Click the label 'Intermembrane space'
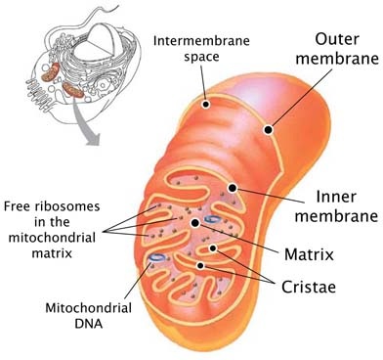click(x=201, y=49)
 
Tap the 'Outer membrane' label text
click(x=337, y=49)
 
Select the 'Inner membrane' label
click(x=336, y=206)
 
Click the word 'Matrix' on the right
click(x=309, y=254)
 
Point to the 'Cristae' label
click(x=309, y=287)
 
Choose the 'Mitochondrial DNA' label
click(x=88, y=316)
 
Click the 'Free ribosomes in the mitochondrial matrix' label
click(x=52, y=230)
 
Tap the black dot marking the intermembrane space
click(x=205, y=105)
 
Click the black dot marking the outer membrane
click(x=268, y=130)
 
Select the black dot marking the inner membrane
click(x=233, y=188)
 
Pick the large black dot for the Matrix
click(x=195, y=223)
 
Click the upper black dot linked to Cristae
click(x=213, y=248)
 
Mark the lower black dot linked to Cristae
click(x=200, y=266)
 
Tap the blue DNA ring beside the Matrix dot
click(x=211, y=220)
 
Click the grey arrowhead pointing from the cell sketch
click(x=92, y=139)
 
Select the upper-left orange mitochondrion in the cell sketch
click(x=51, y=72)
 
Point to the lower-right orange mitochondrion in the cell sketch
click(x=73, y=90)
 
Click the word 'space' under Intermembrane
click(x=201, y=57)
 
